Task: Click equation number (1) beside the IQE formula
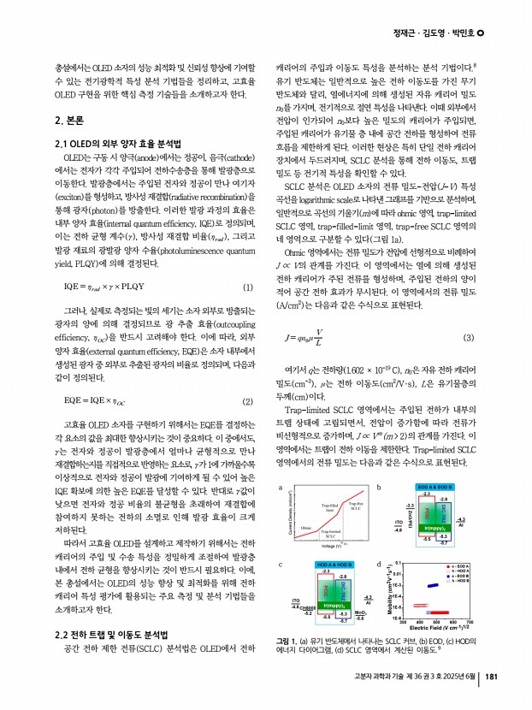(248, 287)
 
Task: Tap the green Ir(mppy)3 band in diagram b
(426, 530)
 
